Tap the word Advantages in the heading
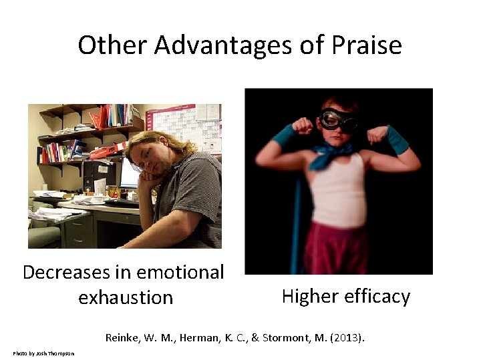click(x=226, y=45)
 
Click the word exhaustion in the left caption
click(x=126, y=297)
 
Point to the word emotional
click(x=181, y=272)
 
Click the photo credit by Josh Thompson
click(x=43, y=353)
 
